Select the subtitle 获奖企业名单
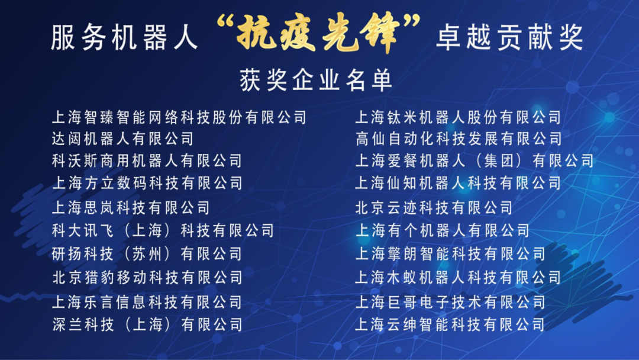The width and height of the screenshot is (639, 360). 316,81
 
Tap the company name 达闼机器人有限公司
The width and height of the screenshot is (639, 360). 122,139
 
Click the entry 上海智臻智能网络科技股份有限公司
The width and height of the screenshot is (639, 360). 179,117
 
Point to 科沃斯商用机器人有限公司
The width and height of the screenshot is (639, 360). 147,160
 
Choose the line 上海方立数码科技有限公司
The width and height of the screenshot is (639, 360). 147,183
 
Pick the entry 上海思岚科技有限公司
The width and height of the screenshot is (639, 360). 131,208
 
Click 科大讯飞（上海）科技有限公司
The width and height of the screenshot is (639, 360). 163,231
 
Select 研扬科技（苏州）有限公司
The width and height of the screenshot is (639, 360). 147,254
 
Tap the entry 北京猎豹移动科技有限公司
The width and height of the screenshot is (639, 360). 147,278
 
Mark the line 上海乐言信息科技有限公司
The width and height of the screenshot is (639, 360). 147,302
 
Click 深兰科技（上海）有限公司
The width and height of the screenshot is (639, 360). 147,324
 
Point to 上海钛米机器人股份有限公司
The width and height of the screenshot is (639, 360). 459,117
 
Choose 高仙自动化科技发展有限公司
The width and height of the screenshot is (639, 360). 459,139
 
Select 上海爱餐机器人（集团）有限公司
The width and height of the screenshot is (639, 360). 475,160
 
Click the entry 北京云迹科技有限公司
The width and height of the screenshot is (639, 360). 434,208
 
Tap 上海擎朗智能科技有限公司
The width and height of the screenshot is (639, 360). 450,254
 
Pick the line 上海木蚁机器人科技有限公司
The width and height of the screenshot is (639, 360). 459,278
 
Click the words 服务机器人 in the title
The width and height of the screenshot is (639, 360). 124,38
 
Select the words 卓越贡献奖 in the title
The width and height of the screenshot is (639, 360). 510,38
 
